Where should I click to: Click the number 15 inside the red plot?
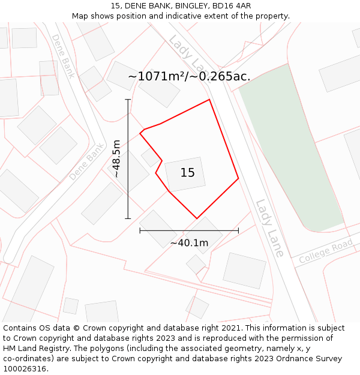[x=187, y=173]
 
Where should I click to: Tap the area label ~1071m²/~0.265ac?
[x=189, y=77]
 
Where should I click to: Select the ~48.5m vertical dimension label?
[x=116, y=159]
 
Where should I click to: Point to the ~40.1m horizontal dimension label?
[x=189, y=243]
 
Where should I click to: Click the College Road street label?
[x=326, y=252]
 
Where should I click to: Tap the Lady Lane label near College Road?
[x=269, y=228]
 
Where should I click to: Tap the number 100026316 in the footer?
[x=25, y=369]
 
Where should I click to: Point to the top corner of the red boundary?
[x=209, y=100]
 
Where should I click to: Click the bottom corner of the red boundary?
[x=197, y=218]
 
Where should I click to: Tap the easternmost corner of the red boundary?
[x=238, y=178]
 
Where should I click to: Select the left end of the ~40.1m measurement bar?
[x=140, y=230]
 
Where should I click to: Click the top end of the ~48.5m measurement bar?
[x=128, y=100]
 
